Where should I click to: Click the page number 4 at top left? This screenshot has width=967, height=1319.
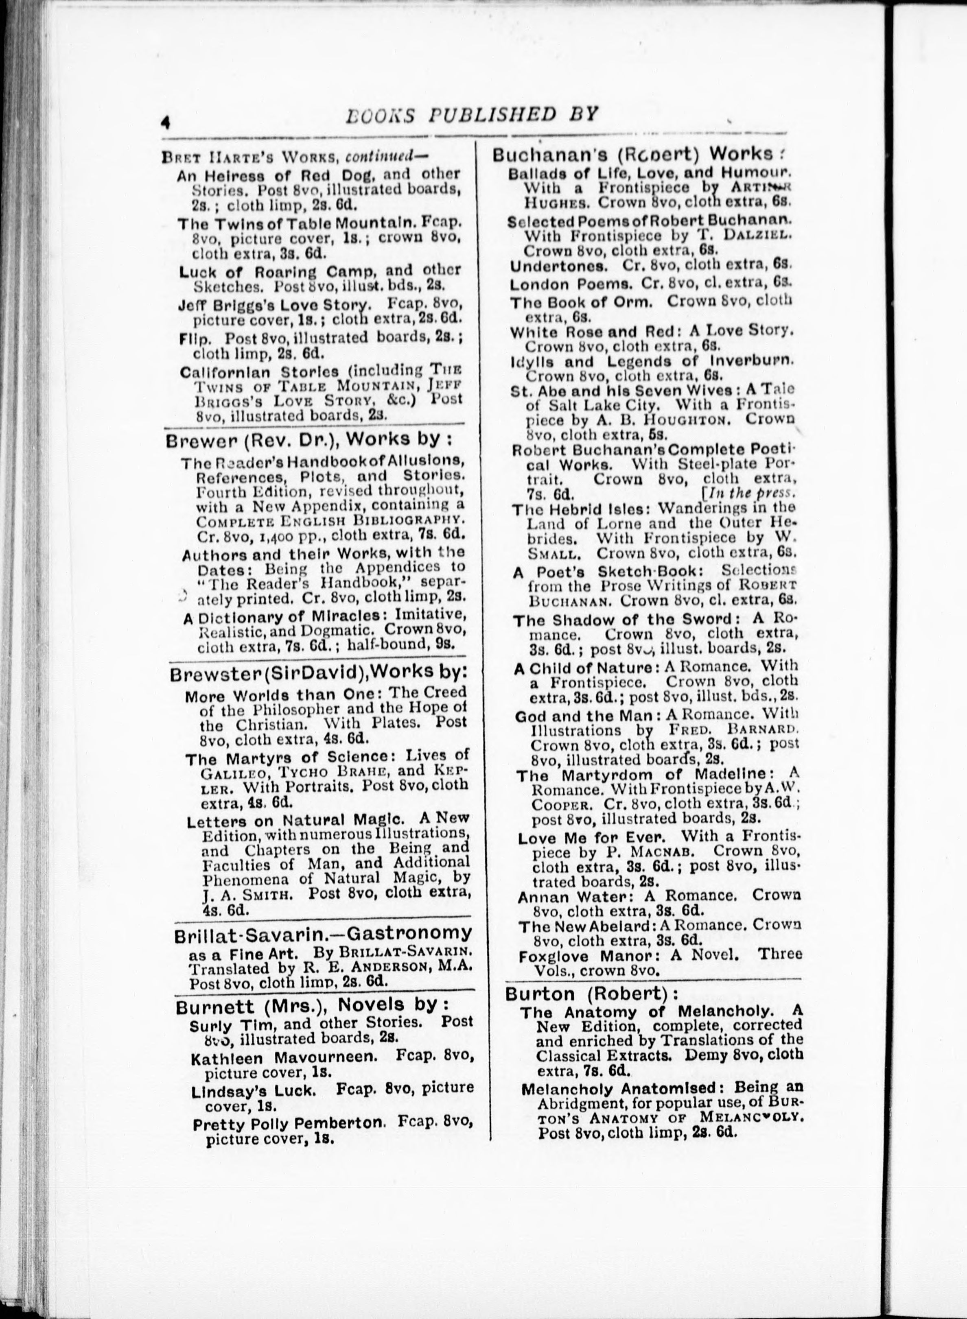(x=166, y=121)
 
